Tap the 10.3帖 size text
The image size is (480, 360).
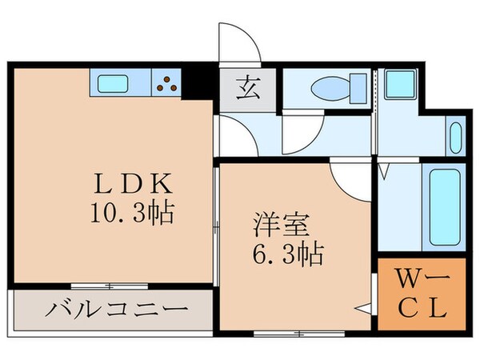tap(133, 214)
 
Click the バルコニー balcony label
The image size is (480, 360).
tap(117, 309)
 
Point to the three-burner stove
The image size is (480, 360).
tap(167, 82)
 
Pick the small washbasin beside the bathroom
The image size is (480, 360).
tap(456, 135)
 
